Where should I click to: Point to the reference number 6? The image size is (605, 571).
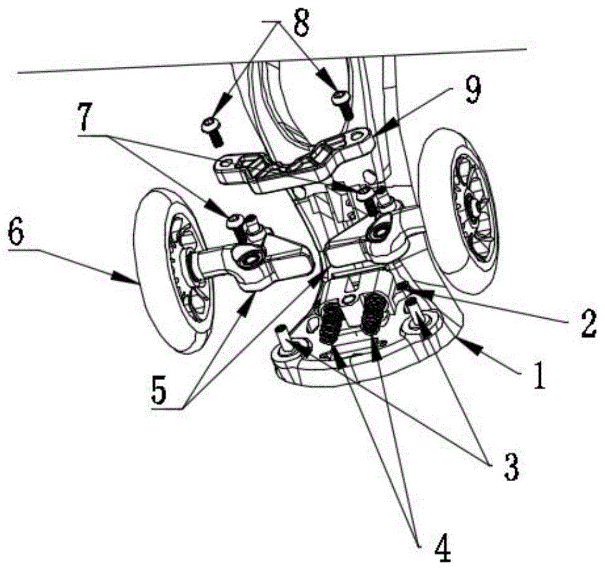(x=17, y=235)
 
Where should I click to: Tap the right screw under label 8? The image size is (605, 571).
(x=342, y=102)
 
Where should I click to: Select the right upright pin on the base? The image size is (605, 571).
(x=414, y=311)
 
